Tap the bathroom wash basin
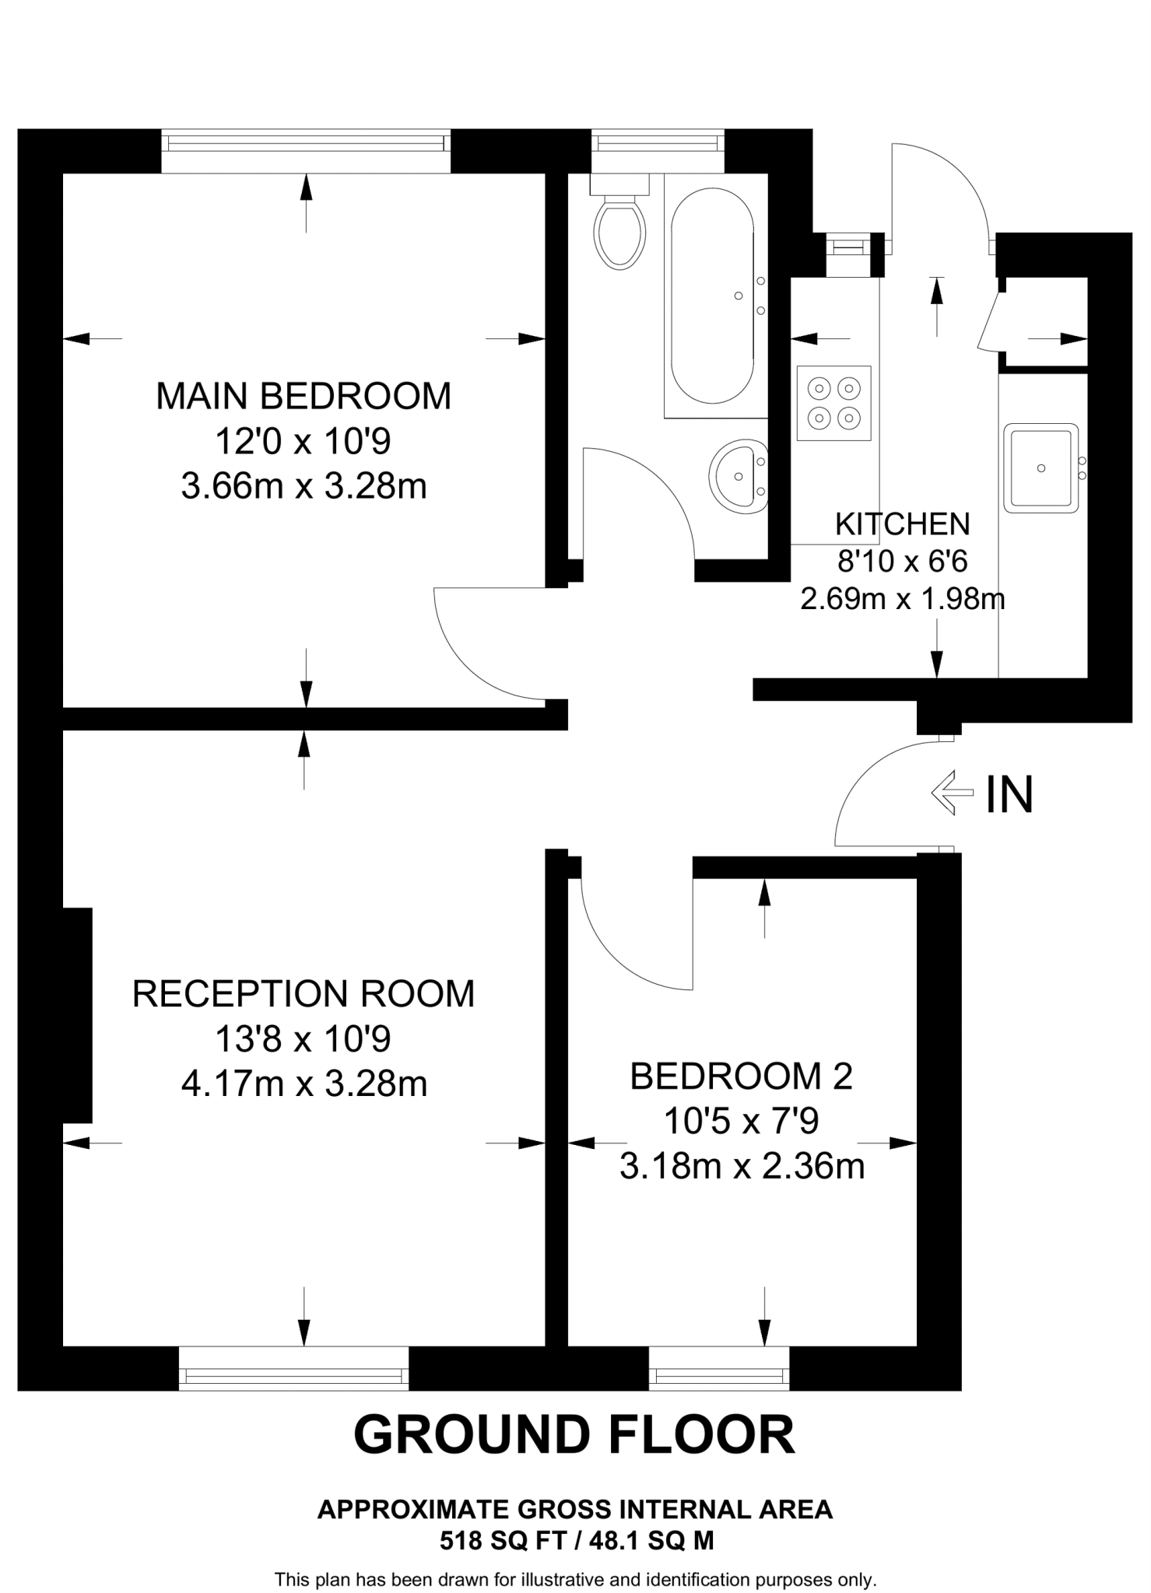click(739, 476)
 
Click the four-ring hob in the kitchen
click(833, 403)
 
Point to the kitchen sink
click(1041, 467)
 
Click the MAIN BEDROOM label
click(304, 396)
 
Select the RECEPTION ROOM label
click(304, 993)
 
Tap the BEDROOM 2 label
click(742, 1076)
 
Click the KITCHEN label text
click(903, 524)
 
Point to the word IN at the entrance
click(1009, 794)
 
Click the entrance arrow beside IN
click(953, 793)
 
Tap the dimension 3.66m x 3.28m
click(304, 487)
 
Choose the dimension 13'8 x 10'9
click(304, 1038)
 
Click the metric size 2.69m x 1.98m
click(903, 599)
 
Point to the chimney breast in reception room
click(77, 1015)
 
